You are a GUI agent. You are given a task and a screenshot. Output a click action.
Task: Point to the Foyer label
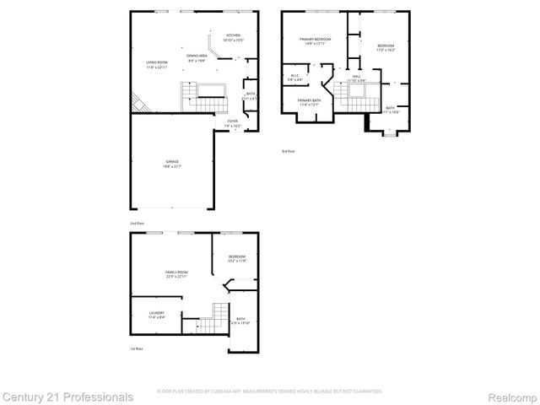233,122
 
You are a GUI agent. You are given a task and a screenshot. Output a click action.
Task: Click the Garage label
171,164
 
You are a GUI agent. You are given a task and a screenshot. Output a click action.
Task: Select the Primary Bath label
309,103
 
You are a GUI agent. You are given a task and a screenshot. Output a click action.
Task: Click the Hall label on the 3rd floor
357,78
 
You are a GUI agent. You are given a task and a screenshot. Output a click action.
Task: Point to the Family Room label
175,274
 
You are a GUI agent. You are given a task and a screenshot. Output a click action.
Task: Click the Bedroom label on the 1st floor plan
236,258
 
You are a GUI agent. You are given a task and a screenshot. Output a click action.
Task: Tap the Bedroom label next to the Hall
386,47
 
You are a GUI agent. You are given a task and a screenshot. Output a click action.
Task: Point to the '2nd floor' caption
136,222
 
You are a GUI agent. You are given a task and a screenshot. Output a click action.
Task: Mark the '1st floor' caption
136,348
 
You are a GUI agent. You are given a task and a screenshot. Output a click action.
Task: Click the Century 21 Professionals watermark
67,396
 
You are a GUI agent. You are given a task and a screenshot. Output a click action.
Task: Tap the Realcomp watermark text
511,396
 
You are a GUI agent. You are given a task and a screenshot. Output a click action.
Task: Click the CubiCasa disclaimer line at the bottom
270,391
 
